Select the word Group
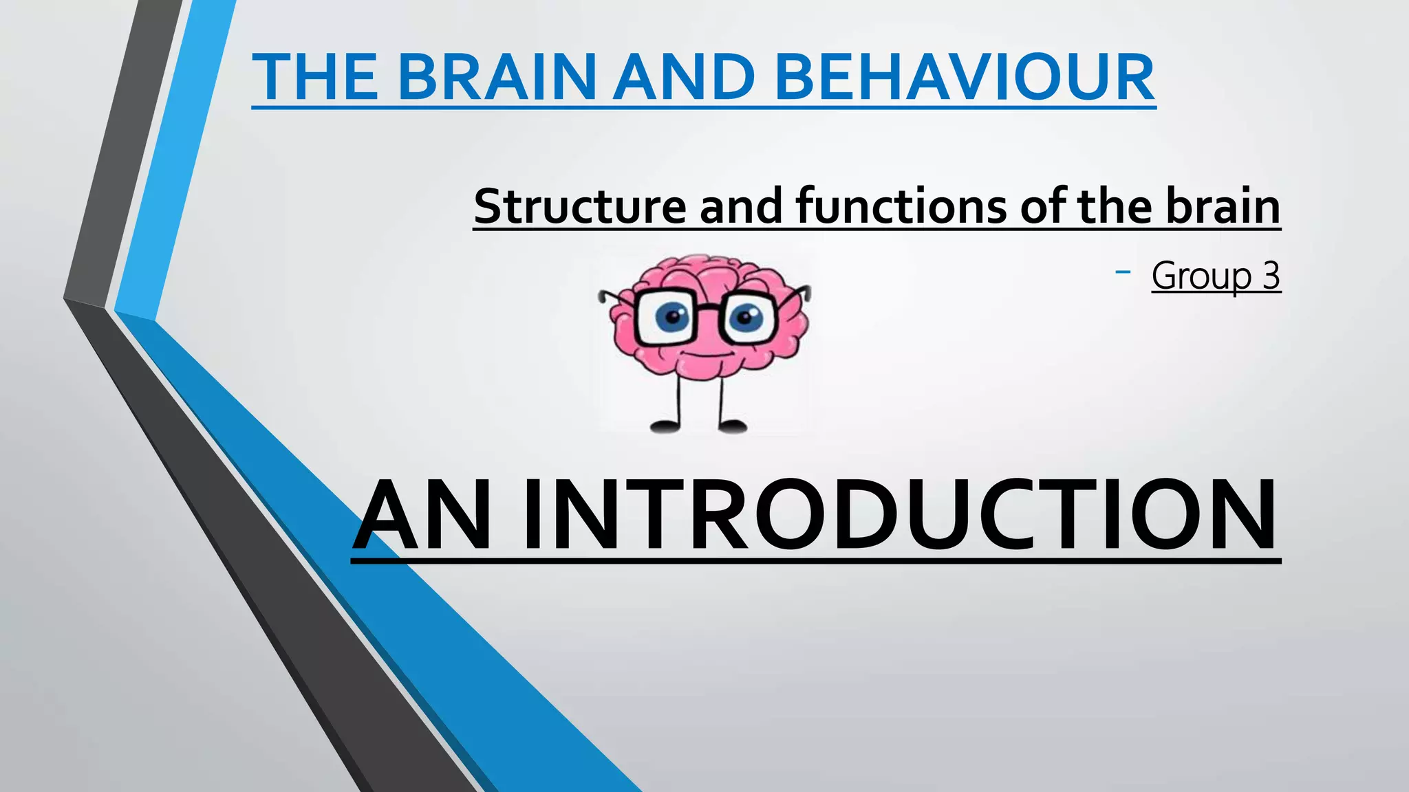[1201, 276]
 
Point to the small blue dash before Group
[1123, 273]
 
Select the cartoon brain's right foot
[732, 426]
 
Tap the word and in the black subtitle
[740, 206]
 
